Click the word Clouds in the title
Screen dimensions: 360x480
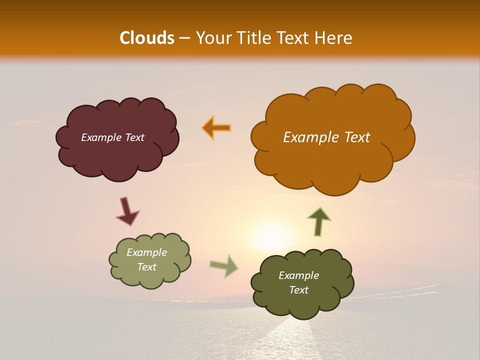[146, 38]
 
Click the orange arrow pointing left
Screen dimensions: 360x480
[216, 127]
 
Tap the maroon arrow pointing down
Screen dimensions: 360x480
[126, 211]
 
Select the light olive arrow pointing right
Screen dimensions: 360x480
[224, 266]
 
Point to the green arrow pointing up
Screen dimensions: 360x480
[318, 221]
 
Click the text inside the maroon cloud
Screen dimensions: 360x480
[112, 137]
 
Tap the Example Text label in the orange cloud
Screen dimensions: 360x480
[326, 137]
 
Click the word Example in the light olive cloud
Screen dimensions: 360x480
[146, 252]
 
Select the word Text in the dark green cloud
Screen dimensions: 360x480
[298, 290]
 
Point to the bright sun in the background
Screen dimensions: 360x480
[270, 235]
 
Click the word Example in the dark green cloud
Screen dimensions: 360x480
[298, 275]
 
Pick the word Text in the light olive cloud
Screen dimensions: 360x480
[146, 267]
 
